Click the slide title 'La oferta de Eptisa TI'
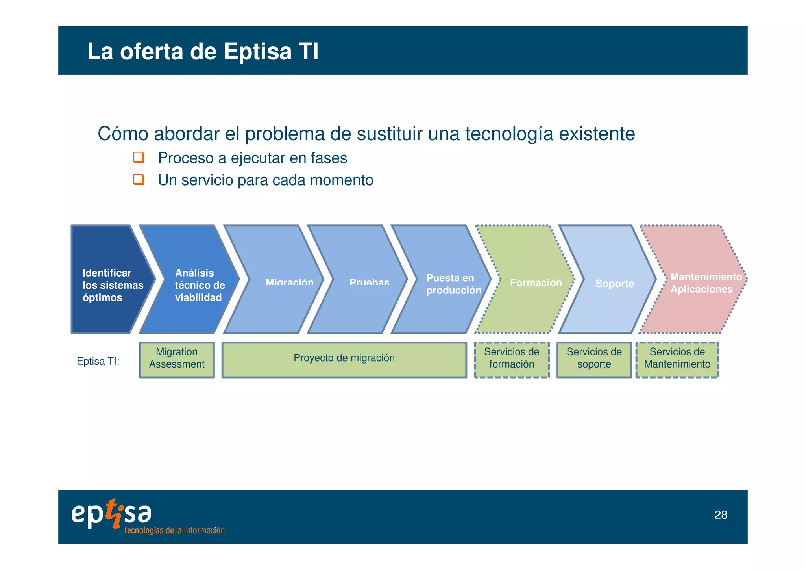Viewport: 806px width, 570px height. pyautogui.click(x=203, y=52)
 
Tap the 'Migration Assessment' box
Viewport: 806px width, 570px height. pyautogui.click(x=177, y=360)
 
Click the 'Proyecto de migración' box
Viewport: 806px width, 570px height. pyautogui.click(x=344, y=360)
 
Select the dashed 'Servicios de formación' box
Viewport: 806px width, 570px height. pyautogui.click(x=512, y=360)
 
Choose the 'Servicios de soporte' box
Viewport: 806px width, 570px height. pyautogui.click(x=594, y=360)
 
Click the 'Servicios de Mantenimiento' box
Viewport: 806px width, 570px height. pyautogui.click(x=677, y=360)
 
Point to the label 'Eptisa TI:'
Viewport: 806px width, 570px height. pyautogui.click(x=98, y=361)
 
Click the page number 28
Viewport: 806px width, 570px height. pyautogui.click(x=721, y=515)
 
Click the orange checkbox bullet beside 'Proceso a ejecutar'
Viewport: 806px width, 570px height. pyautogui.click(x=139, y=158)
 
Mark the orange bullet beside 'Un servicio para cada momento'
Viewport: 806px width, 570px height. pyautogui.click(x=139, y=180)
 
